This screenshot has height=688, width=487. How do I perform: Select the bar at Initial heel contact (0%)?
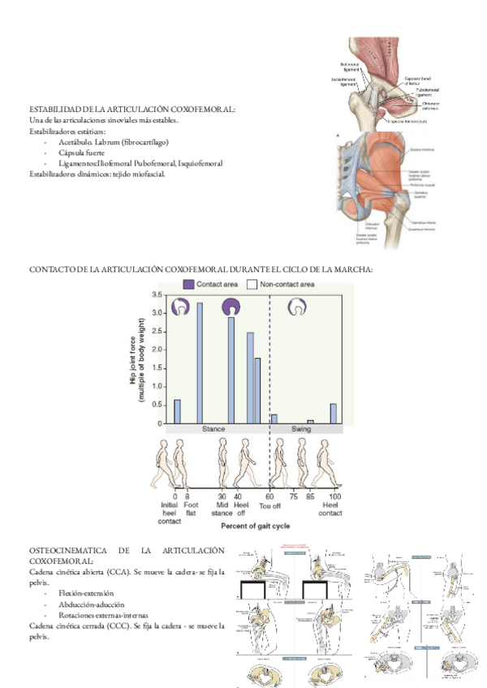tap(177, 411)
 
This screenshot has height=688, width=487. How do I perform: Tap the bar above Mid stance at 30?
tap(231, 370)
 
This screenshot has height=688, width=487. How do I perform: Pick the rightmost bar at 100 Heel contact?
tap(334, 414)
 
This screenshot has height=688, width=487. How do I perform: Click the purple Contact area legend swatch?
tap(189, 284)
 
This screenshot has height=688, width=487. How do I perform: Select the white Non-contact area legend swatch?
tap(252, 284)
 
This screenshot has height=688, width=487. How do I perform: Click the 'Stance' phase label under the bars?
tap(214, 428)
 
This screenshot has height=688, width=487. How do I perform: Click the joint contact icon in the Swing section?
tap(301, 307)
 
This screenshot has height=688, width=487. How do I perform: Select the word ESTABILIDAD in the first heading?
tap(55, 109)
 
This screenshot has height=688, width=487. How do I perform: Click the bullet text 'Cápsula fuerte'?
tap(84, 152)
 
